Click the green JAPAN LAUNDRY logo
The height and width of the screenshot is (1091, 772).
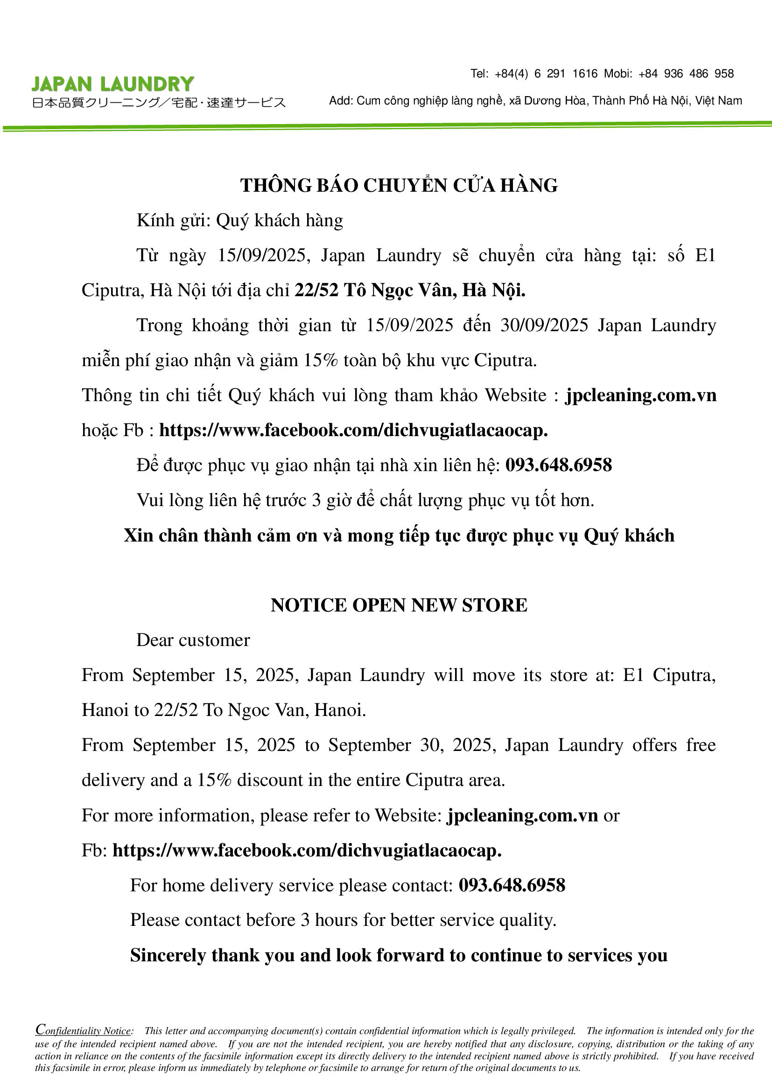(x=112, y=84)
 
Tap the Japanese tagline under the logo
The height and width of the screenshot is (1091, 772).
(x=159, y=103)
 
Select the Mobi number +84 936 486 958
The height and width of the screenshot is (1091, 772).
(x=686, y=74)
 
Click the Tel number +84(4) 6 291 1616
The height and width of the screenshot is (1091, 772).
(x=546, y=74)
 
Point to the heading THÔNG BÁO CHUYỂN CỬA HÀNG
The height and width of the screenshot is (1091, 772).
(x=399, y=185)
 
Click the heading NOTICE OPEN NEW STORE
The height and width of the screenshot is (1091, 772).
(x=399, y=605)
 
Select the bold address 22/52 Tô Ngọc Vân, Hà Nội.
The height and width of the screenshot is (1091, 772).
(x=410, y=290)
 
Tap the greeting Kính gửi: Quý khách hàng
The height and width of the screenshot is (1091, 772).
(x=239, y=221)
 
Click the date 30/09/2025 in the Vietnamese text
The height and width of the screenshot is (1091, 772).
(x=544, y=326)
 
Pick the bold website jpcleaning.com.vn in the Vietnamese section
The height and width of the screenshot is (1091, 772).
(x=641, y=396)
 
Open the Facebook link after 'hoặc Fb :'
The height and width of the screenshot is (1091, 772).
(x=353, y=430)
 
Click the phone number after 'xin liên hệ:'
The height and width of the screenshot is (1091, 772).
(x=559, y=465)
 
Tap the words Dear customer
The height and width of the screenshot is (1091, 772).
(x=193, y=640)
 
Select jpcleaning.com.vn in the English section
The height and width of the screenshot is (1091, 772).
(x=522, y=815)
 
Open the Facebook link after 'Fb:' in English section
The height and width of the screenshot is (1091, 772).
(x=307, y=850)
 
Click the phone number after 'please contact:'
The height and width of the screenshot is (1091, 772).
(x=512, y=885)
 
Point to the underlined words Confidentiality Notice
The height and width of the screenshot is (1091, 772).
(x=84, y=1030)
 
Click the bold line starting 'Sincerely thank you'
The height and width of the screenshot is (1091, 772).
(x=399, y=955)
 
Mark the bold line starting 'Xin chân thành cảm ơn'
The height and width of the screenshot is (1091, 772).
(x=399, y=535)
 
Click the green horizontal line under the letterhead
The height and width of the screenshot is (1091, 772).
(x=386, y=126)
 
